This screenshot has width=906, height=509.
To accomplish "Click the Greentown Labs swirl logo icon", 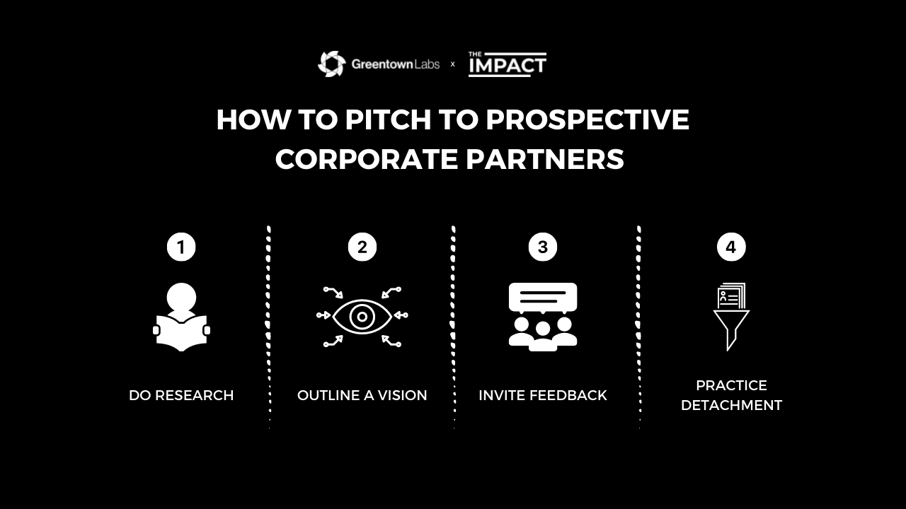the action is tap(332, 64).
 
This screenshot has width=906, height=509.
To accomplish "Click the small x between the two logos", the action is tap(452, 64).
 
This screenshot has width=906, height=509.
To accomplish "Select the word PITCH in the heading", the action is tap(388, 119).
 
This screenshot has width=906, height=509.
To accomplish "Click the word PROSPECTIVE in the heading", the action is tap(587, 119).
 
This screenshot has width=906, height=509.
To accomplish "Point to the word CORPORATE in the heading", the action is tap(367, 159).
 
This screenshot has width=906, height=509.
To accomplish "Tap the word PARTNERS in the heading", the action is tap(545, 159).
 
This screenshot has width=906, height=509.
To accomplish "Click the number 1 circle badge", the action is tap(181, 247).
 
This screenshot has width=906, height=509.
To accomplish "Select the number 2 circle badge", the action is tap(362, 247).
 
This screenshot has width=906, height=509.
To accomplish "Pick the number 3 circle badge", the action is tap(543, 247).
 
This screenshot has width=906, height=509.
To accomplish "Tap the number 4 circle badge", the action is tap(731, 247).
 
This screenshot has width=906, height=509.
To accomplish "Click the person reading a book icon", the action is tap(181, 317).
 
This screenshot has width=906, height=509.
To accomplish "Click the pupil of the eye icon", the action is tap(362, 316).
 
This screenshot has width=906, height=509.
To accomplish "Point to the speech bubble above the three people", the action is tap(543, 298).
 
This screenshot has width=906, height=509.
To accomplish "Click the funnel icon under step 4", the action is tap(731, 330).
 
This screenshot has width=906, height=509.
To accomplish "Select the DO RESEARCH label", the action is tap(181, 395).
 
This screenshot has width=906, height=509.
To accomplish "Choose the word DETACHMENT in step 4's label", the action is tap(731, 405).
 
